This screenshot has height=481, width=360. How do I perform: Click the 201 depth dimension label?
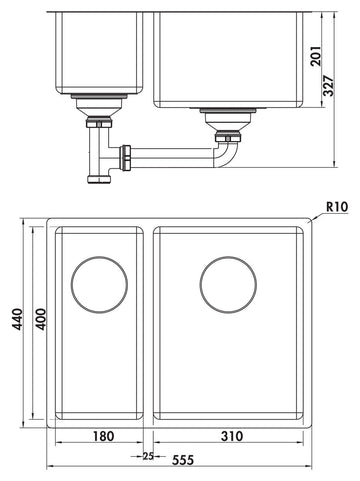tap(317, 56)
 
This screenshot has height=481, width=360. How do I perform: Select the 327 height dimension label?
tap(329, 86)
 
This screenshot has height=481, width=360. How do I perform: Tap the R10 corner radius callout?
tap(337, 207)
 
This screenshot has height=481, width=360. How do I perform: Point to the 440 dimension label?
tap(17, 319)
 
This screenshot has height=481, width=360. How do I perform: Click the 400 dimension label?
tap(40, 319)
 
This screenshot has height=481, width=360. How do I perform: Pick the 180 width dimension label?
tap(103, 436)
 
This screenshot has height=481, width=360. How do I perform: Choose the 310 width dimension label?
tap(232, 436)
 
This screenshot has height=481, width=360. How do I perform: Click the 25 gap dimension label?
tap(148, 456)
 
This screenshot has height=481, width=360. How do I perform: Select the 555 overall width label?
tap(183, 460)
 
